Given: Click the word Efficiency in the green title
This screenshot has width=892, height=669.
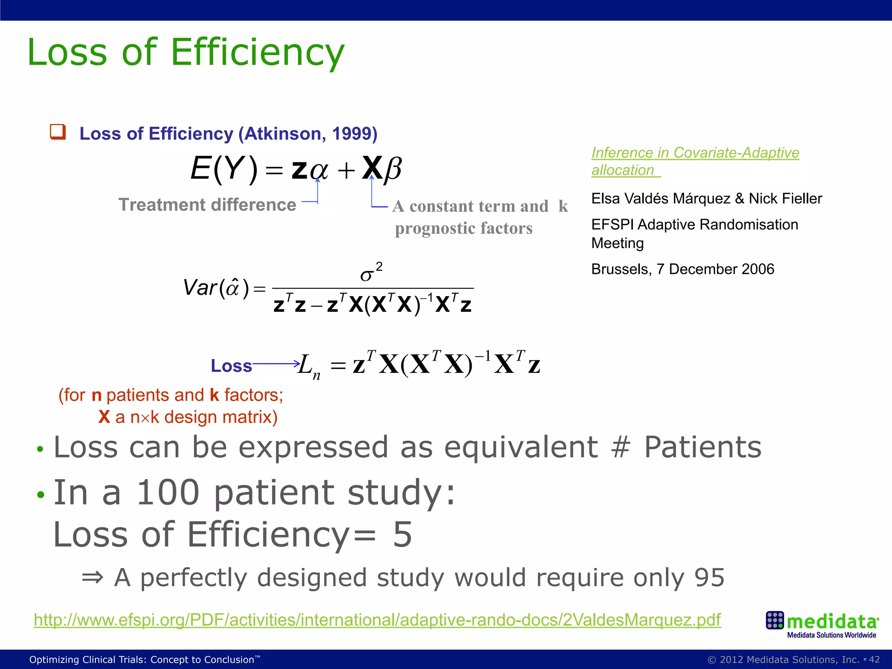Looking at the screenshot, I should click(257, 52).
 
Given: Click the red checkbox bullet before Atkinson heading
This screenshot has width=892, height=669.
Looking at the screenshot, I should click(58, 132).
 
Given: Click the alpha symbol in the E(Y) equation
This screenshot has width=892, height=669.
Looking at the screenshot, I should click(319, 169).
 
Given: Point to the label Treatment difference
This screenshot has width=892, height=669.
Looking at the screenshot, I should click(207, 205).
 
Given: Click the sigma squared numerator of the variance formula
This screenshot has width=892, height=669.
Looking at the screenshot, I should click(371, 273).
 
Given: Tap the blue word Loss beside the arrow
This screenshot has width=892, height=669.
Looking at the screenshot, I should click(231, 366).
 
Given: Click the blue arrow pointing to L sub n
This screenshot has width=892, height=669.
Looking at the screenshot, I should click(276, 363).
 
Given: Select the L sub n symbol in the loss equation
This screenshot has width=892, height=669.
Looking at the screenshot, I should click(309, 366).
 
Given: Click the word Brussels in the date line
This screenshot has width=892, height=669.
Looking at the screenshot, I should click(621, 269).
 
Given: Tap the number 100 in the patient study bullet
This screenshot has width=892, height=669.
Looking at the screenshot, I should click(168, 493).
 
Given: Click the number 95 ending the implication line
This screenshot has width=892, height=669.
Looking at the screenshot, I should click(709, 578).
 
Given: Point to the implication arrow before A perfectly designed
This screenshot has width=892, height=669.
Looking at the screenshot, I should click(93, 578).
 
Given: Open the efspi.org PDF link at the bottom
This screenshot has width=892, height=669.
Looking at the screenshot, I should click(377, 620).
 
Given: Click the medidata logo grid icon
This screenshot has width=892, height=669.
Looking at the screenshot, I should click(774, 620).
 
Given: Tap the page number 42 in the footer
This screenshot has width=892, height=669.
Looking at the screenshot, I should click(874, 659).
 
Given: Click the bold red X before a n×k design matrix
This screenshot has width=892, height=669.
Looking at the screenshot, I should click(104, 417).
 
